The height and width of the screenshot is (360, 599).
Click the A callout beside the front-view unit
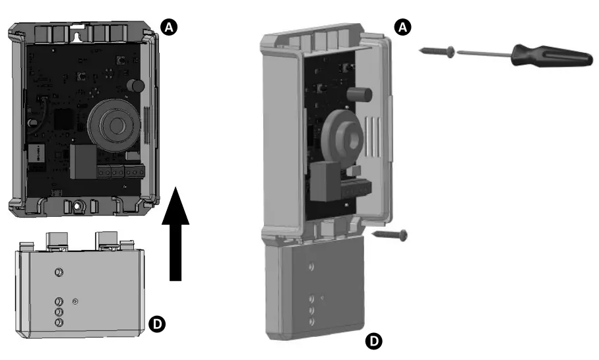169,26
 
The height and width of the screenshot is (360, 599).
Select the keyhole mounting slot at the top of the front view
82,30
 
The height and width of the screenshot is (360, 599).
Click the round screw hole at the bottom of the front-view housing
78,206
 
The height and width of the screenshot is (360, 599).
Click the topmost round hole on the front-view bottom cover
58,272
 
